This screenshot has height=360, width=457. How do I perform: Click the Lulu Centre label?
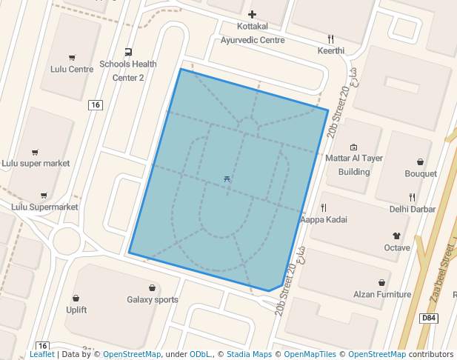72,69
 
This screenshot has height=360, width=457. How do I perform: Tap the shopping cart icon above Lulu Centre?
72,58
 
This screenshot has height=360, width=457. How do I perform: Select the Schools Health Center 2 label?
128,70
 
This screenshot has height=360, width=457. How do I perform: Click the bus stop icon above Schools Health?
129,52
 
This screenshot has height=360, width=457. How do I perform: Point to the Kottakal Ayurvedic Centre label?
253,33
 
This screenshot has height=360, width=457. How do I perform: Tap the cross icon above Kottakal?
253,14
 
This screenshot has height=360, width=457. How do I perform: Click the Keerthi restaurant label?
331,50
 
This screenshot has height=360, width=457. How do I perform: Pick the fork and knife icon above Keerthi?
331,39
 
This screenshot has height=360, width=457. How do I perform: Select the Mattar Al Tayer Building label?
354,164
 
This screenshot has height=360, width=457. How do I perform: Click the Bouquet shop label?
421,173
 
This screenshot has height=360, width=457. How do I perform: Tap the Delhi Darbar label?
413,209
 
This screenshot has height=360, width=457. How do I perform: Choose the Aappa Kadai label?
324,220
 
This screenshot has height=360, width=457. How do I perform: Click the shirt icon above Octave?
396,236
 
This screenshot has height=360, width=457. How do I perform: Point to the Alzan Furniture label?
381,294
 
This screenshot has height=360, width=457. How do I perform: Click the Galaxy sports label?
153,300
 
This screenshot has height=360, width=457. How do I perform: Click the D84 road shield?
428,318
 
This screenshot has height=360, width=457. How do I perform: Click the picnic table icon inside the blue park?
227,179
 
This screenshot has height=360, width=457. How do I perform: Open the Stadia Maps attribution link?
249,354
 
